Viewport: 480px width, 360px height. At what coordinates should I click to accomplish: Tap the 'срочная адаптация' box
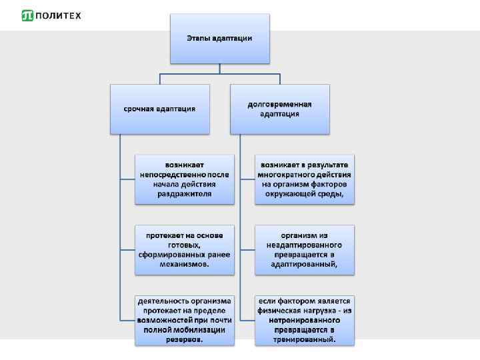point(159,109)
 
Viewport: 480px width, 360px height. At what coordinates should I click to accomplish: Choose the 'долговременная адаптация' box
point(279,109)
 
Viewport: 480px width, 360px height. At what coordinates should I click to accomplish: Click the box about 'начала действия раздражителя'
point(185,179)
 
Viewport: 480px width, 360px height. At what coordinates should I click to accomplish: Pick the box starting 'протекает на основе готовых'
point(185,249)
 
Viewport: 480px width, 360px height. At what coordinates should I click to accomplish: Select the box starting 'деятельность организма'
point(185,320)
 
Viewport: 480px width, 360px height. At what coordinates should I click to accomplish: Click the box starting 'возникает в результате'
point(304,179)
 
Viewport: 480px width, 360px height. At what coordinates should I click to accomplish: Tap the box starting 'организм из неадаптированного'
point(304,249)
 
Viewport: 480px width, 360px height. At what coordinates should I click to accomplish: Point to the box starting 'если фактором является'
point(304,320)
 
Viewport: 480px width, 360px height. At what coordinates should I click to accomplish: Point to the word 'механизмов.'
point(185,264)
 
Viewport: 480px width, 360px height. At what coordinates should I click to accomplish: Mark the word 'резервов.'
point(185,339)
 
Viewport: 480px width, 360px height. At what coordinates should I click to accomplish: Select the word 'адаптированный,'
point(304,264)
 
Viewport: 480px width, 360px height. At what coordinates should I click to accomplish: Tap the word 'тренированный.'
point(304,339)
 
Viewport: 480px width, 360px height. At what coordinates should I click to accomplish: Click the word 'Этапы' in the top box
point(199,38)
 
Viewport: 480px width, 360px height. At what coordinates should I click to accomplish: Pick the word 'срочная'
point(138,109)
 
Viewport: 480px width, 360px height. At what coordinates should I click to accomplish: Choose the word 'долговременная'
point(279,104)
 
